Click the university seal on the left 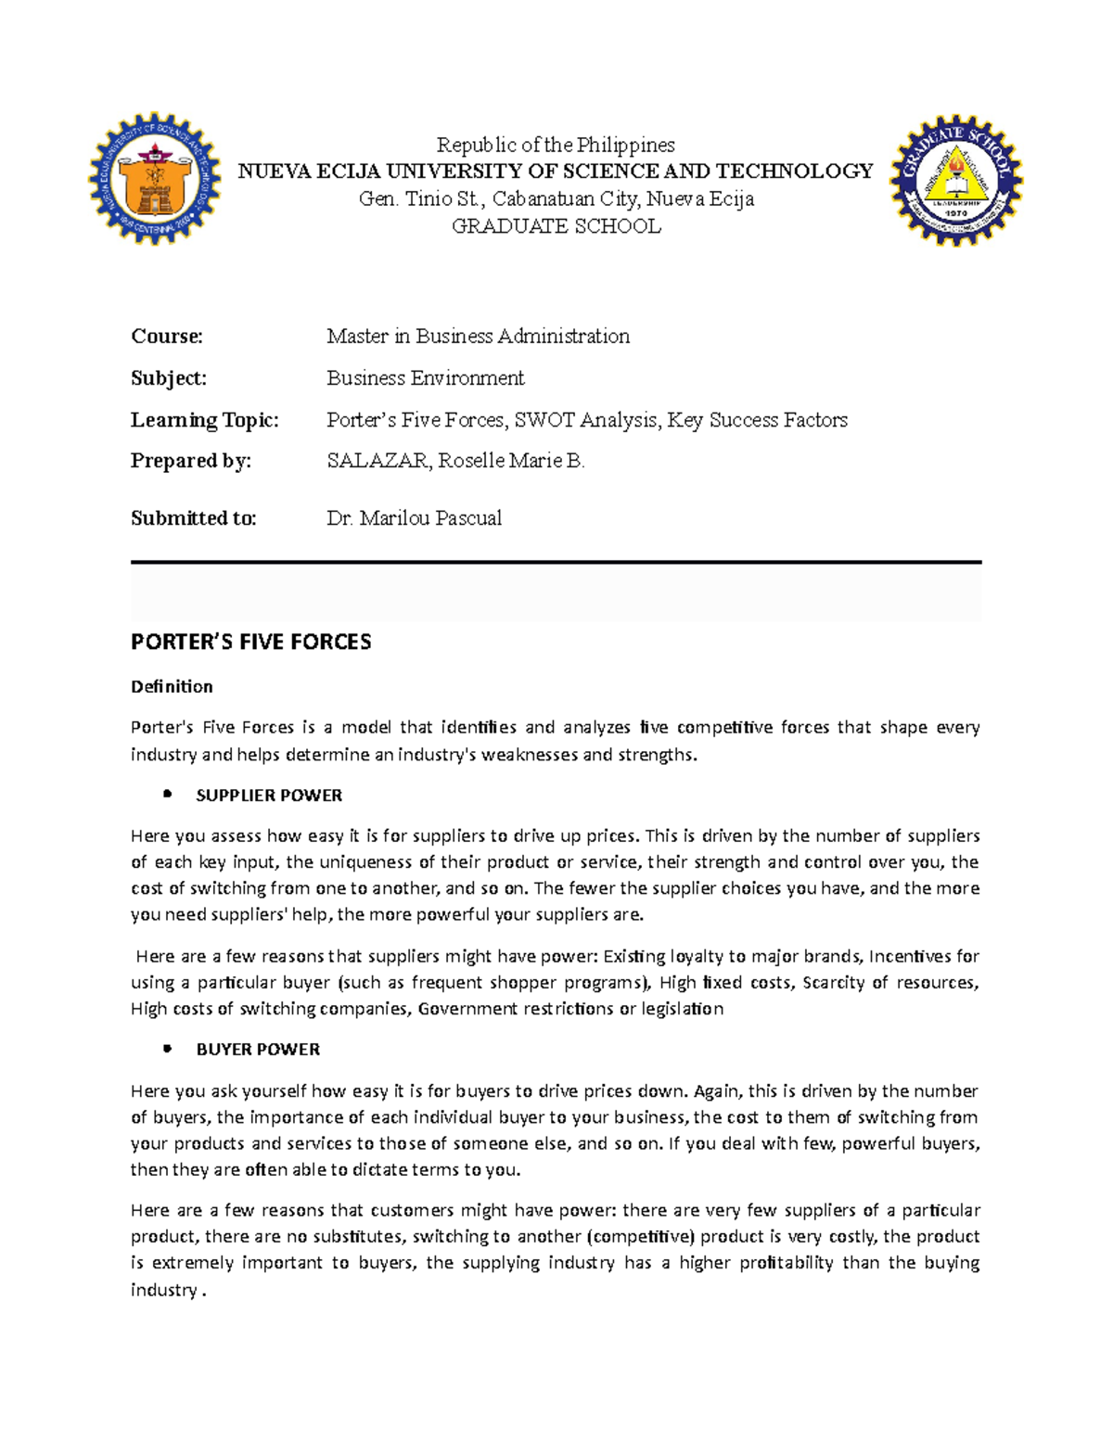tap(155, 180)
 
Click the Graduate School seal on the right tap(955, 181)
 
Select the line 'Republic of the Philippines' tap(556, 145)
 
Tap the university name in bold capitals tap(556, 172)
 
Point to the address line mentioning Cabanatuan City tap(556, 198)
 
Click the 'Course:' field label tap(167, 336)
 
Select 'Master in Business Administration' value tap(478, 336)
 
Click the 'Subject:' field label tap(169, 377)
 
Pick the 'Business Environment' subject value tap(425, 377)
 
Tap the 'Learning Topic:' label tap(204, 420)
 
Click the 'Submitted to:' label tap(193, 518)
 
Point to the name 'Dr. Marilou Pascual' tap(414, 518)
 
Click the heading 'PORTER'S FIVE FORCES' tap(250, 642)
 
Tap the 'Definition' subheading tap(172, 686)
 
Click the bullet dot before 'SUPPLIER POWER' tap(168, 794)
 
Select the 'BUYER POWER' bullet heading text tap(258, 1050)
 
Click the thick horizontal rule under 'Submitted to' tap(556, 562)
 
